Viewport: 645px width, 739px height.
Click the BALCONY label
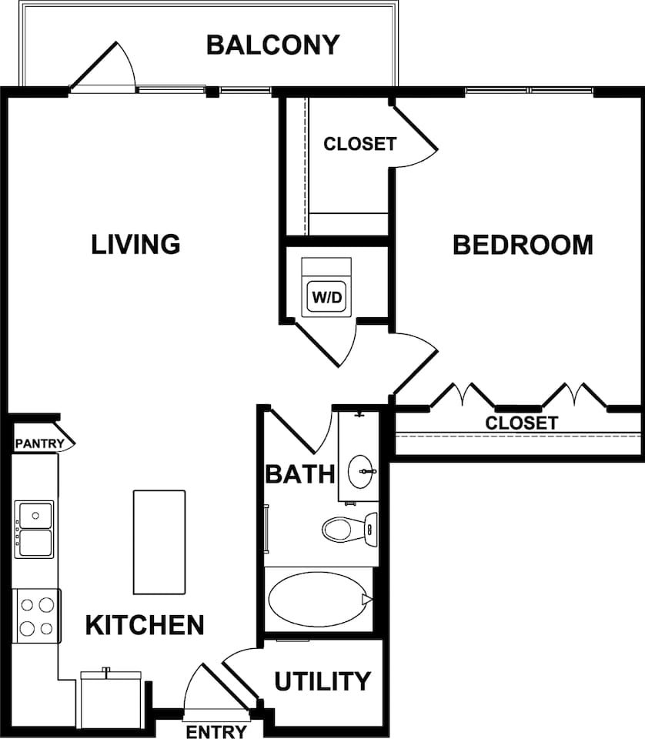coord(272,45)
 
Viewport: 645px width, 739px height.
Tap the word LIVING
coord(135,244)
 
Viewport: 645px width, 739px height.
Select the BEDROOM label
coord(523,245)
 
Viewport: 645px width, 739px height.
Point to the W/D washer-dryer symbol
coord(326,296)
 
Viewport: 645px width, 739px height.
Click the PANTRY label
coord(38,444)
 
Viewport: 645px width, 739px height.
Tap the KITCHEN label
coord(145,625)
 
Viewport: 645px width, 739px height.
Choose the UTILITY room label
coord(322,681)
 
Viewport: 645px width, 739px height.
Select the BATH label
coord(299,473)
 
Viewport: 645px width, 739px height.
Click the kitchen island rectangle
coord(159,542)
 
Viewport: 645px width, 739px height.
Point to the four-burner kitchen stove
coord(37,616)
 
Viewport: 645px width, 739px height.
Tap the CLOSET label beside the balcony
coord(359,144)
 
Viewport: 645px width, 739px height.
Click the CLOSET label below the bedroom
coord(520,423)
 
